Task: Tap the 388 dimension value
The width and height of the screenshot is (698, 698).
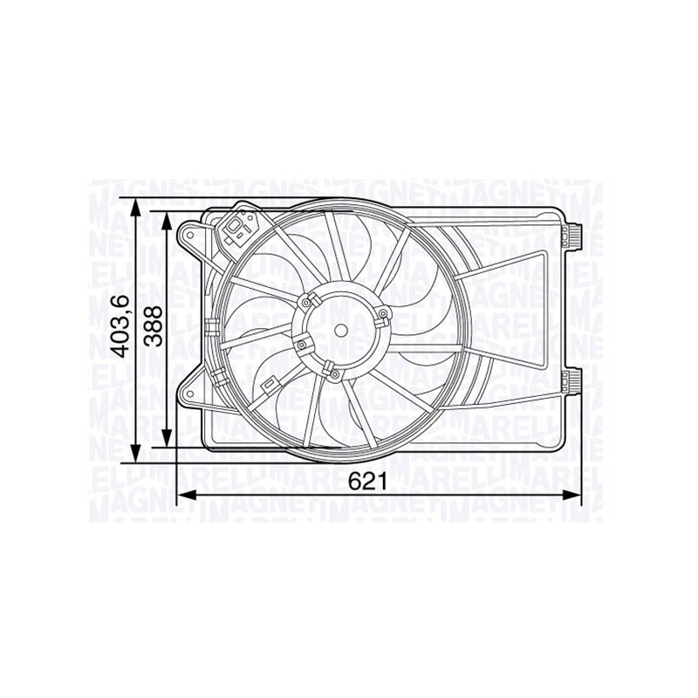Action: pos(154,328)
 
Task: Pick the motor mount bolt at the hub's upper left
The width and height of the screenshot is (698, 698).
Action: pos(306,302)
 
